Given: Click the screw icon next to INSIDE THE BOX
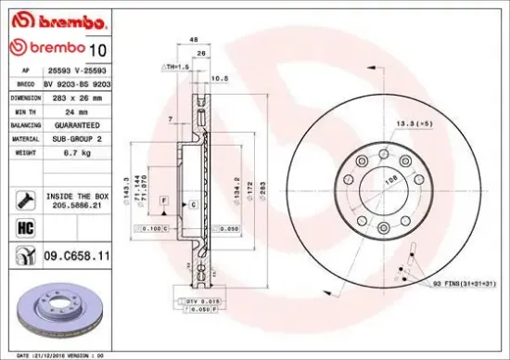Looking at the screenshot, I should pyautogui.click(x=26, y=198).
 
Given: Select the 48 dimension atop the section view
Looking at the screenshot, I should pyautogui.click(x=192, y=40).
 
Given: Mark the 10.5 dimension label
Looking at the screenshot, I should pyautogui.click(x=221, y=79).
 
